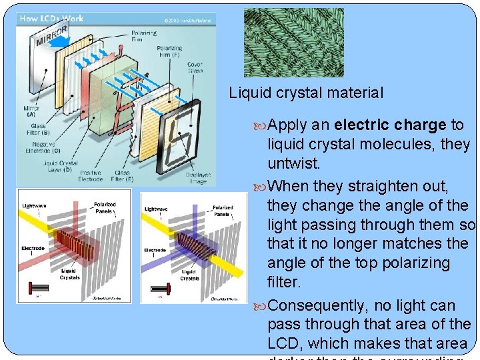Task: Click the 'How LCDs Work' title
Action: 52,19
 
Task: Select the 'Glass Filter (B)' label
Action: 39,129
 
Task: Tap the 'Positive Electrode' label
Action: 91,176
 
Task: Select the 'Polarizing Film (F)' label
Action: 169,51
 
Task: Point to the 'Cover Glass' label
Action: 195,68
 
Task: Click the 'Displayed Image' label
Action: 197,179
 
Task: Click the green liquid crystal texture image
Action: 293,43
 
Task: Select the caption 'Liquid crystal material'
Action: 306,93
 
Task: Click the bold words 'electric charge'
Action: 390,125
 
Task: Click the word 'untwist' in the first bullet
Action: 293,163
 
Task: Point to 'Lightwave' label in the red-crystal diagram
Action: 35,205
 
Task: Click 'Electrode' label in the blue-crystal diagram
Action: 155,251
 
